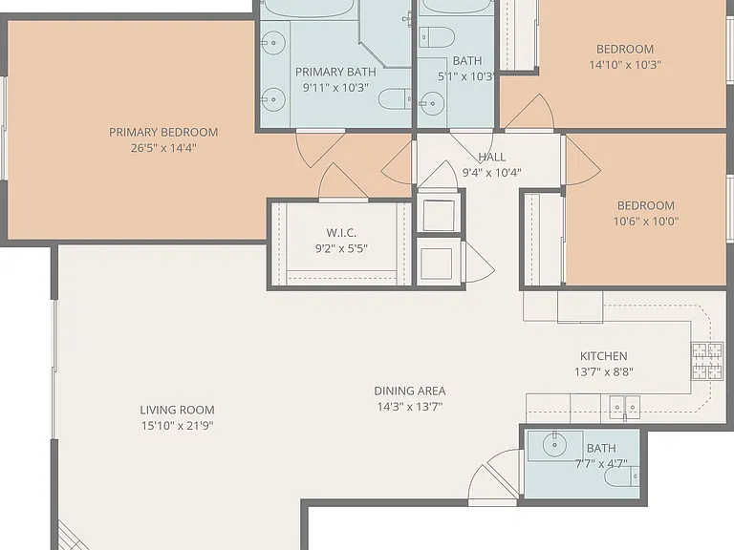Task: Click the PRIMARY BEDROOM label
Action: (163, 133)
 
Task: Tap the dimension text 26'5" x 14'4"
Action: (163, 148)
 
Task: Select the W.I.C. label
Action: (341, 232)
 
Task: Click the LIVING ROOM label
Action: (177, 411)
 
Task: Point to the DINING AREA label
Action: (410, 391)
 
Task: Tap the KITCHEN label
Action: (603, 356)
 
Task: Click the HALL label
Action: (491, 157)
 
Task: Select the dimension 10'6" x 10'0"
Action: (646, 222)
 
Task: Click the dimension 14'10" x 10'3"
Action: (625, 65)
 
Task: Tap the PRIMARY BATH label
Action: (335, 72)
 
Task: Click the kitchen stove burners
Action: (707, 361)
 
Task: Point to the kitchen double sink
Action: (624, 408)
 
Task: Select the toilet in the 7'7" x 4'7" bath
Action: (621, 477)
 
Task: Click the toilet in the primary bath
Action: (395, 99)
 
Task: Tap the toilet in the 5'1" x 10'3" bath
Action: (436, 37)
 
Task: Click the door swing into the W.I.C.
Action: (343, 182)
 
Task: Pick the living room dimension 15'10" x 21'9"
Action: (178, 426)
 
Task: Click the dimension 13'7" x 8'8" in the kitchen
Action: (604, 372)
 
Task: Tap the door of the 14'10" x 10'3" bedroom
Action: (529, 113)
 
